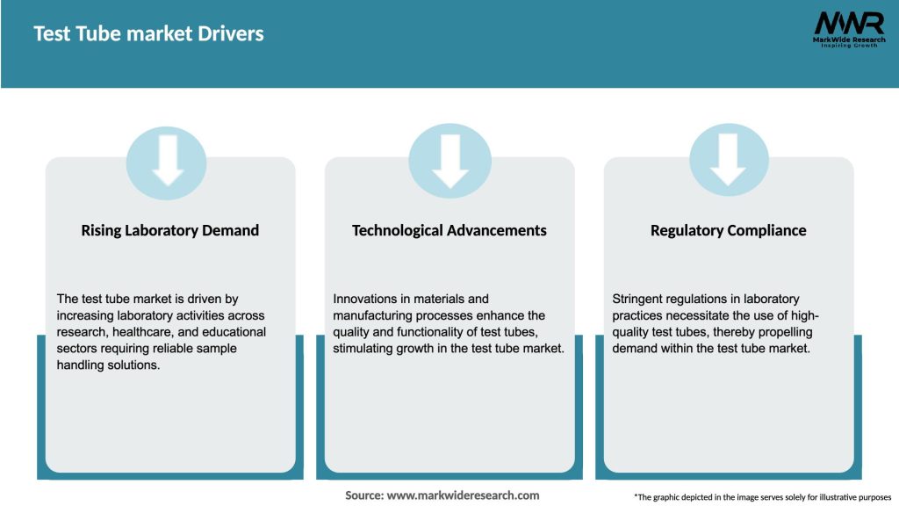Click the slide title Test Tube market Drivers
coord(148,34)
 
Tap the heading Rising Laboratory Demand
coord(170,230)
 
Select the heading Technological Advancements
coord(449,230)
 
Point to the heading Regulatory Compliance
coord(728,230)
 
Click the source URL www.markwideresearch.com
coord(464,495)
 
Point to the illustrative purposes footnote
coord(762,497)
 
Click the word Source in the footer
coord(363,495)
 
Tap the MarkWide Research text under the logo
coord(849,40)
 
